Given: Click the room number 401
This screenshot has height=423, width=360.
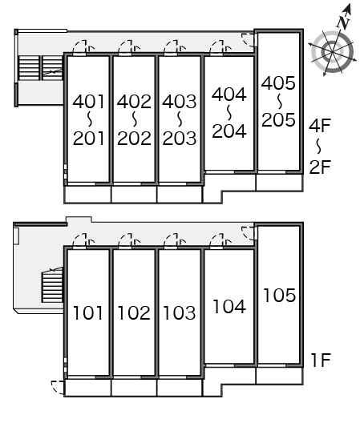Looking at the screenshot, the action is click(x=88, y=102).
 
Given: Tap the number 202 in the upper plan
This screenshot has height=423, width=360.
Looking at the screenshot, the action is click(x=134, y=138).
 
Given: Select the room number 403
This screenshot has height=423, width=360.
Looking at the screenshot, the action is click(x=179, y=102).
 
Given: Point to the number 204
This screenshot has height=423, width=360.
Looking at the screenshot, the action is click(x=229, y=131).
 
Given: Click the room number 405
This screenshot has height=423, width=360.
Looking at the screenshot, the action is click(x=278, y=83).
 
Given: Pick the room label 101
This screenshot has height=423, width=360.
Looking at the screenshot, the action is click(x=88, y=313).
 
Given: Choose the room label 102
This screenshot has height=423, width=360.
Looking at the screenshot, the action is click(x=134, y=313).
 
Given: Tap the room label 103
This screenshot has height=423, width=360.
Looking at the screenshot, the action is click(x=180, y=313).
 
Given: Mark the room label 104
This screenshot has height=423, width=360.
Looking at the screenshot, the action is click(x=229, y=307).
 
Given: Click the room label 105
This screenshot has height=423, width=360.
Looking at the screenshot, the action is click(x=280, y=295).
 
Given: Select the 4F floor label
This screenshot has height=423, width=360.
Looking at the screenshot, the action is click(x=320, y=126).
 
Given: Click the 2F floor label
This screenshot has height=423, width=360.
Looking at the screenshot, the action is click(x=320, y=167).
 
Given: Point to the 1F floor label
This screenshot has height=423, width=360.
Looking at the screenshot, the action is click(x=321, y=360).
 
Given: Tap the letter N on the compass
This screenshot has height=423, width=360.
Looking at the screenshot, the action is click(x=343, y=22).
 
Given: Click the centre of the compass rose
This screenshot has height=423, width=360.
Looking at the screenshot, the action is click(x=332, y=51).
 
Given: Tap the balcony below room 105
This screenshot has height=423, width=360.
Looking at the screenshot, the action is click(x=280, y=376).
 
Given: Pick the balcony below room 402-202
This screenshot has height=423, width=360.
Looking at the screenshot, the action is click(x=134, y=194).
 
